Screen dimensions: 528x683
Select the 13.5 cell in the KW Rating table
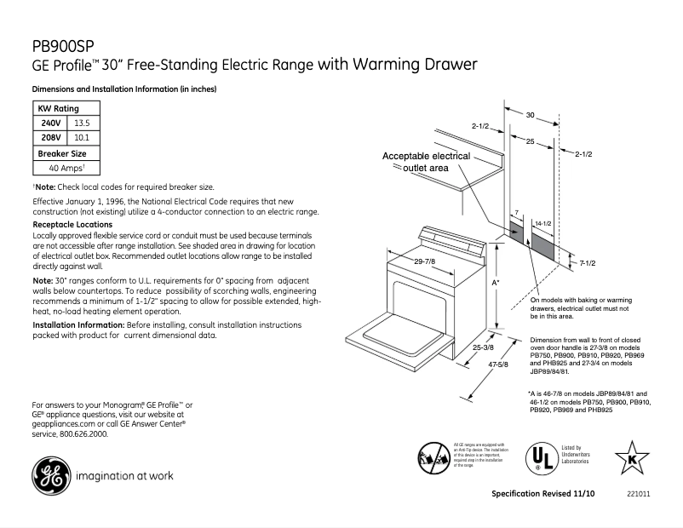click(83, 123)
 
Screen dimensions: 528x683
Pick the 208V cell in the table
click(51, 136)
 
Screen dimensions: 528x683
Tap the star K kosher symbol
click(632, 459)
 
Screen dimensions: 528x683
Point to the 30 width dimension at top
click(530, 113)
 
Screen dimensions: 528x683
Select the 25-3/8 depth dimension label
click(483, 347)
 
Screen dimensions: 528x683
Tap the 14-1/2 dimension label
click(542, 222)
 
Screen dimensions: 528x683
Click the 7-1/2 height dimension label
click(587, 263)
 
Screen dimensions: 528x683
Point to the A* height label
click(496, 281)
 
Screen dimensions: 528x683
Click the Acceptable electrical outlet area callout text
click(426, 163)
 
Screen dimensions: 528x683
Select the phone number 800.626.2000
click(82, 433)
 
